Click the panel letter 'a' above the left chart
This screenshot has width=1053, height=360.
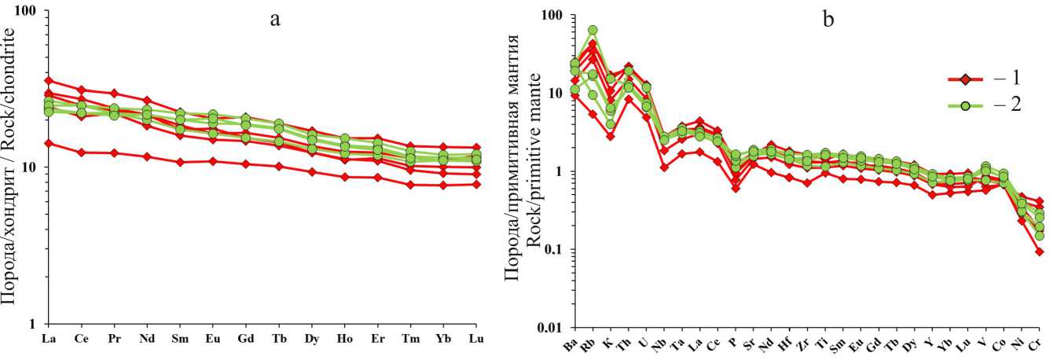pos(275,20)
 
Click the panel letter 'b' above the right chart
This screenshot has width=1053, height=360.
pos(828,20)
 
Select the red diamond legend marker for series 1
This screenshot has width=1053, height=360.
pos(967,79)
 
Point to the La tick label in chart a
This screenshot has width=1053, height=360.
pos(48,340)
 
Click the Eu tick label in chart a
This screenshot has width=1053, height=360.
pos(212,340)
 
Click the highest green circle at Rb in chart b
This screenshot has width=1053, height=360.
pos(593,31)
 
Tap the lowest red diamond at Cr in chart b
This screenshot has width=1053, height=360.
pos(1040,252)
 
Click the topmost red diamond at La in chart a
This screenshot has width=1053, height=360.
pos(49,80)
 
